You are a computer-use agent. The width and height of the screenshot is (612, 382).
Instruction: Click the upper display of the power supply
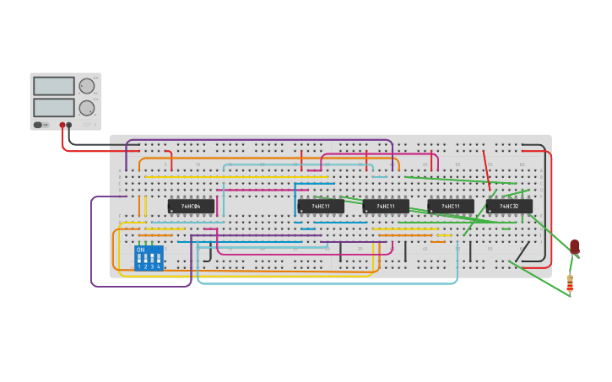[x=54, y=85]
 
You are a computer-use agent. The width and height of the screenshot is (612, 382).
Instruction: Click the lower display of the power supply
[x=54, y=107]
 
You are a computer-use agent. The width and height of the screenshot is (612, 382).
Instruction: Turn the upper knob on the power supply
[x=86, y=86]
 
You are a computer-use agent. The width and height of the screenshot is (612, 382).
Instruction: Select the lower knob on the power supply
[x=86, y=108]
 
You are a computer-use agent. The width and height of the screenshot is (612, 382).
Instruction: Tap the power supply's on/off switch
[x=38, y=125]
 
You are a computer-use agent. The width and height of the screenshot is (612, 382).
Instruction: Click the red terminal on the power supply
[x=62, y=125]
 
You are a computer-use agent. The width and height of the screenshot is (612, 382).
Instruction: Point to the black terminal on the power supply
[x=69, y=125]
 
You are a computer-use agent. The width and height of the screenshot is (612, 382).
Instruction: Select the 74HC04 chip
[x=191, y=206]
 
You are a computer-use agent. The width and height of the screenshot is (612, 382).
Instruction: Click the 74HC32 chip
[x=509, y=206]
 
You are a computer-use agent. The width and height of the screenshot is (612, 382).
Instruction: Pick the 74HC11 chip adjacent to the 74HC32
[x=450, y=206]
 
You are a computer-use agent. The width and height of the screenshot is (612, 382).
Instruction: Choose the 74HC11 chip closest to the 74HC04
[x=321, y=206]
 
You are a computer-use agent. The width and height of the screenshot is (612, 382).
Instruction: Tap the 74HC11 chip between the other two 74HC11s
[x=386, y=206]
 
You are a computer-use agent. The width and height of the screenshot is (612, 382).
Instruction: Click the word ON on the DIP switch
[x=140, y=250]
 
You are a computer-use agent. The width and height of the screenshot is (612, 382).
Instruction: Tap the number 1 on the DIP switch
[x=139, y=266]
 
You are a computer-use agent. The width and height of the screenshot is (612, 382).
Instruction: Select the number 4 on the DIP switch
[x=159, y=266]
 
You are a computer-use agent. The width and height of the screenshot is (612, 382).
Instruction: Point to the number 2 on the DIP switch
[x=145, y=266]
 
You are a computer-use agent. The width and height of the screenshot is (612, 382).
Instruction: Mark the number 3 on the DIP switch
[x=152, y=266]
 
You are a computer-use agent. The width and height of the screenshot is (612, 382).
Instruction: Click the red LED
[x=575, y=246]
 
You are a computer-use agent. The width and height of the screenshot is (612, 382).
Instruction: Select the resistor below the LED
[x=570, y=283]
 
